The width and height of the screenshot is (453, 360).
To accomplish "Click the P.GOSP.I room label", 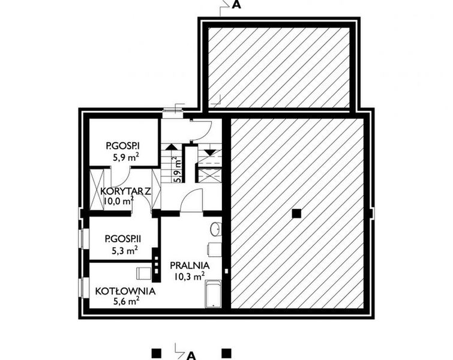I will [x=123, y=145].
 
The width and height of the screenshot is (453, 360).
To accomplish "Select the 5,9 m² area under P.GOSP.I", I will [x=125, y=157].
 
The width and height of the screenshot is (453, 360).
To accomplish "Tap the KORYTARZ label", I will [x=125, y=191].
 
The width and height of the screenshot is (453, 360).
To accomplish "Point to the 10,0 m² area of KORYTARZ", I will [x=118, y=202].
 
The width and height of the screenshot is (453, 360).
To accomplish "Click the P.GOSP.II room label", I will [x=124, y=238].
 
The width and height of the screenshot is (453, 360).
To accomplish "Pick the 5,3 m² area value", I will [x=125, y=250].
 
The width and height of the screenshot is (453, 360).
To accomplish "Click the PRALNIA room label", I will [x=189, y=265].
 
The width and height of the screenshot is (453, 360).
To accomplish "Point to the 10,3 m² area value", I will [x=190, y=275].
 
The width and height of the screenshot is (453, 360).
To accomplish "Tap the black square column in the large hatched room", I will [x=296, y=213].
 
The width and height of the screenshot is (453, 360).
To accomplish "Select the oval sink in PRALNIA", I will [x=217, y=228].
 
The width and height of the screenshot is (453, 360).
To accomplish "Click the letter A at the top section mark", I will [x=236, y=5].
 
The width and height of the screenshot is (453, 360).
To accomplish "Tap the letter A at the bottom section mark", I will [x=191, y=353].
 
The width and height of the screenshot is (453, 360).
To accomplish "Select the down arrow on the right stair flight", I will [x=210, y=152].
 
